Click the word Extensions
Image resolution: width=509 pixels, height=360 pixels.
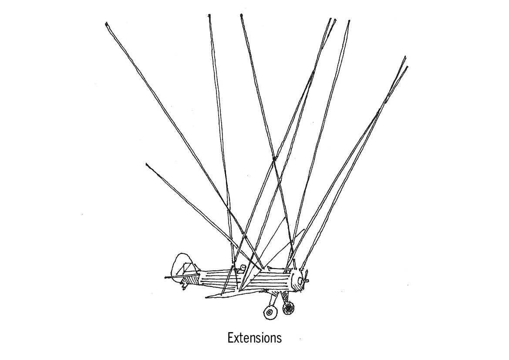pos(255,337)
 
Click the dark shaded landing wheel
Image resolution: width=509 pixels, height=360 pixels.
pos(288,308)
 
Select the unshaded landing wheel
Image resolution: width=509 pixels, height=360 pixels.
pos(270,312)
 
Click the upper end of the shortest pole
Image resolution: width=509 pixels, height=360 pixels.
pos(147,164)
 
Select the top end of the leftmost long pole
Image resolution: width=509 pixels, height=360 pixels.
pos(107,24)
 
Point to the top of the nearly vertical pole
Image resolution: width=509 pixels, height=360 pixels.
pos(209,16)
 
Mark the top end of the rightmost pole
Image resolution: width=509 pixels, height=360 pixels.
pos(407,67)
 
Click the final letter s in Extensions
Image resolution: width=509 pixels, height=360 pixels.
pos(279,338)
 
